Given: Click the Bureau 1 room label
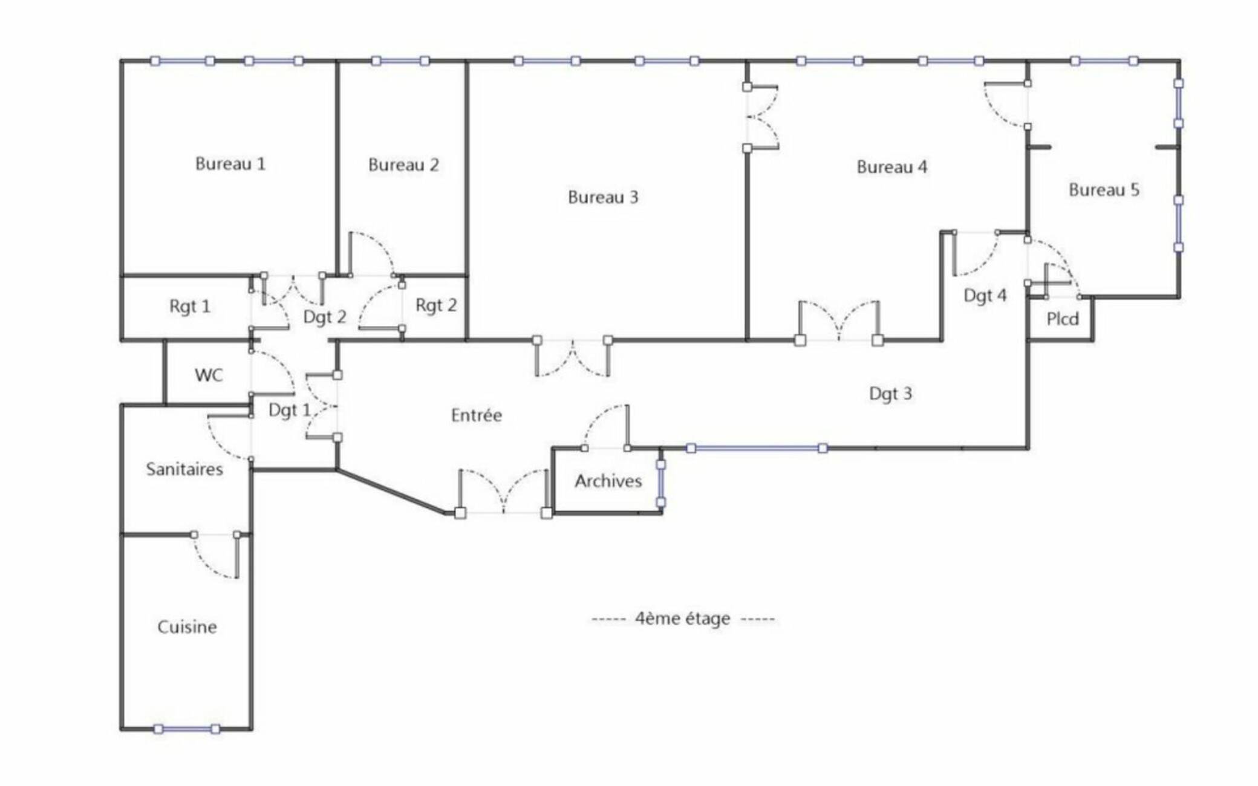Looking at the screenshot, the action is pos(230,164).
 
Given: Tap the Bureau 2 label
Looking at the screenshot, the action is pos(403,165).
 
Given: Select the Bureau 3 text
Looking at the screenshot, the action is pos(603,197).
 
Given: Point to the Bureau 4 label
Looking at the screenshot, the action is pos(892,167).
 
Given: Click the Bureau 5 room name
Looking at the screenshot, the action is pos(1104,190).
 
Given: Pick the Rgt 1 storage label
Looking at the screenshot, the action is pos(190,307).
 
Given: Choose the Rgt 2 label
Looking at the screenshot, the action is pos(436,305).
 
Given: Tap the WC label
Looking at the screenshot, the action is pos(209,375).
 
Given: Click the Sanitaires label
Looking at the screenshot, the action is pos(184,469).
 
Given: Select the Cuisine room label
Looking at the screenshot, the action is pos(187,627).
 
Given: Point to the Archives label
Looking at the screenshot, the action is pos(608,481).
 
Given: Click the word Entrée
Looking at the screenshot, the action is pos(477,415).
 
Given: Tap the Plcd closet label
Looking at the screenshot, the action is pos(1063,319).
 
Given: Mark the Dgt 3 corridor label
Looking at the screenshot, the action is pos(890,394).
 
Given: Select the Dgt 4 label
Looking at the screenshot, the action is pos(985,296).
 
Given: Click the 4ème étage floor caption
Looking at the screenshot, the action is pos(682,619).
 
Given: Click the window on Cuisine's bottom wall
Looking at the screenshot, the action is pos(187,729).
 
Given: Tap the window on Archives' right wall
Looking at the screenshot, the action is pos(661,484).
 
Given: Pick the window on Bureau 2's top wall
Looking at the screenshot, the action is pos(400,61).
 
